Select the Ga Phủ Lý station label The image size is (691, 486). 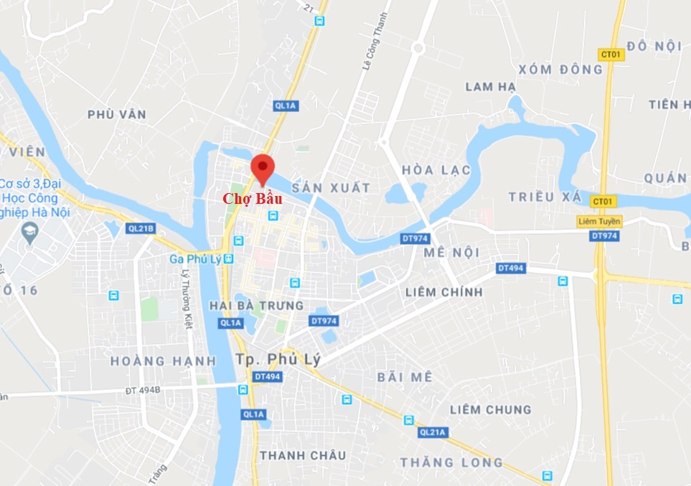click(x=196, y=258)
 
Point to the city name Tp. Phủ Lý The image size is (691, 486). click(x=280, y=358)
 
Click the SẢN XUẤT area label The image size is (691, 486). click(x=331, y=188)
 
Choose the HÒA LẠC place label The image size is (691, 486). click(x=436, y=170)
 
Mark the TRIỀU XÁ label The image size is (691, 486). click(x=542, y=197)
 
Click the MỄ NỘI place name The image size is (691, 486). click(x=451, y=253)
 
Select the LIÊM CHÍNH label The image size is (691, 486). click(x=443, y=292)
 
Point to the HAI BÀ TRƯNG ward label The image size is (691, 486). click(x=256, y=306)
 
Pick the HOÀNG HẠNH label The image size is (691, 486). click(x=163, y=361)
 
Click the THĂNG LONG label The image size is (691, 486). click(x=452, y=462)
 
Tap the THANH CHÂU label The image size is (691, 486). click(x=303, y=455)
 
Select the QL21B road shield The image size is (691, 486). click(x=140, y=229)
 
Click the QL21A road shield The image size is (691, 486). click(x=433, y=431)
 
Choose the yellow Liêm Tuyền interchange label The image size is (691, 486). click(x=599, y=221)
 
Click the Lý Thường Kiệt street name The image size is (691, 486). click(x=187, y=299)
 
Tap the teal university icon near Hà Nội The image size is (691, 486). click(x=29, y=232)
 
